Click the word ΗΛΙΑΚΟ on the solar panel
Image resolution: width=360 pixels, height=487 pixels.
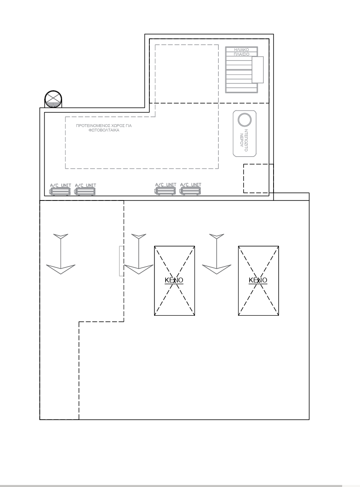pyautogui.click(x=241, y=50)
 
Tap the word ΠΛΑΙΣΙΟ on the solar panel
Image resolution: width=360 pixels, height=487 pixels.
pyautogui.click(x=241, y=54)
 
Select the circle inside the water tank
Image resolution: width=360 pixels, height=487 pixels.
pyautogui.click(x=244, y=120)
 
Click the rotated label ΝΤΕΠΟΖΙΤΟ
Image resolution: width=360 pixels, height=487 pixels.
pyautogui.click(x=246, y=140)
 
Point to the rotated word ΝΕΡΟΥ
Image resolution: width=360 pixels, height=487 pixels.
pyautogui.click(x=241, y=140)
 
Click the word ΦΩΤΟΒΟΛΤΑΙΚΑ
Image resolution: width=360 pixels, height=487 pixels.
pyautogui.click(x=104, y=130)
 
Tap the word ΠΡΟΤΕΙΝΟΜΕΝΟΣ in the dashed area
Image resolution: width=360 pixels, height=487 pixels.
pyautogui.click(x=93, y=126)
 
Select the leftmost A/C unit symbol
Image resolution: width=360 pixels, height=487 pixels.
pyautogui.click(x=60, y=191)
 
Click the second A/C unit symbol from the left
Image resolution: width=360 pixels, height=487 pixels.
pyautogui.click(x=85, y=191)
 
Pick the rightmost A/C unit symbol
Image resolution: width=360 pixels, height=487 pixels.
pyautogui.click(x=190, y=191)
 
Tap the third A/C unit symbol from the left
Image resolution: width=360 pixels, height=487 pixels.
pyautogui.click(x=166, y=191)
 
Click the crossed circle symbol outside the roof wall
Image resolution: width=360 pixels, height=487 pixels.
pyautogui.click(x=54, y=99)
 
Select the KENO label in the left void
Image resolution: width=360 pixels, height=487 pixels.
pyautogui.click(x=174, y=280)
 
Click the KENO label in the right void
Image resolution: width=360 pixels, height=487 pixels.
pyautogui.click(x=258, y=280)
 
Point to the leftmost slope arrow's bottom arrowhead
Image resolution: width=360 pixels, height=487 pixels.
pyautogui.click(x=60, y=269)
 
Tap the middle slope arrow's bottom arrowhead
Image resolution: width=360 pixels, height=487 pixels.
pyautogui.click(x=138, y=269)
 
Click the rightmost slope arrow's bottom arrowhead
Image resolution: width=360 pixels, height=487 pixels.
pyautogui.click(x=217, y=269)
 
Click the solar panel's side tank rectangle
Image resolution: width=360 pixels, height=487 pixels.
pyautogui.click(x=258, y=70)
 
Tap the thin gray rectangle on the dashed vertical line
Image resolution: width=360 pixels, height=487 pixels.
pyautogui.click(x=121, y=261)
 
